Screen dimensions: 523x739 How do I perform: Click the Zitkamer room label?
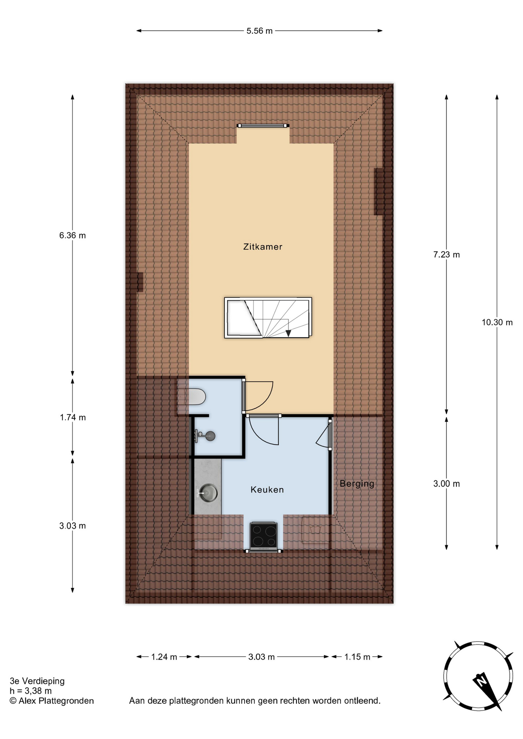click(x=263, y=247)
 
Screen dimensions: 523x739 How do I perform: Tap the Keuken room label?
click(x=267, y=490)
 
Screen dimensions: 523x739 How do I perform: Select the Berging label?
click(x=357, y=484)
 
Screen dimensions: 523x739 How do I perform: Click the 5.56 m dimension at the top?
click(x=260, y=31)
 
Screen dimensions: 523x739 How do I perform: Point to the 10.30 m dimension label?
click(x=497, y=323)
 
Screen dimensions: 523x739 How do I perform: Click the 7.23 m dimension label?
click(x=446, y=254)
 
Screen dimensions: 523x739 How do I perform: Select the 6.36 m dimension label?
click(x=72, y=236)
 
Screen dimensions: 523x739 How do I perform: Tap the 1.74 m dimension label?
click(x=73, y=417)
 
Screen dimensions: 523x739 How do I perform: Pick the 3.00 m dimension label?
click(x=446, y=484)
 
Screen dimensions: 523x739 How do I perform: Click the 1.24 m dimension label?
click(x=164, y=657)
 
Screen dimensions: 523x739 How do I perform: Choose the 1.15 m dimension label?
click(x=357, y=657)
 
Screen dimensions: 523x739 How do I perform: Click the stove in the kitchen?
click(x=264, y=535)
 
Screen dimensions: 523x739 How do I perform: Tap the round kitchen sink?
click(x=208, y=493)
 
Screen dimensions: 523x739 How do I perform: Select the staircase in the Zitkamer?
click(x=268, y=318)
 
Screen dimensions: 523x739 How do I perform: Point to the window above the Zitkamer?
click(x=263, y=125)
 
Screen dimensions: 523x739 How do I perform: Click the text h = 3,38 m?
click(x=31, y=691)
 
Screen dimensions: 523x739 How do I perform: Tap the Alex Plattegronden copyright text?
click(x=52, y=701)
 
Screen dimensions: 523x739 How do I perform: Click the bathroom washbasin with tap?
click(x=206, y=436)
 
